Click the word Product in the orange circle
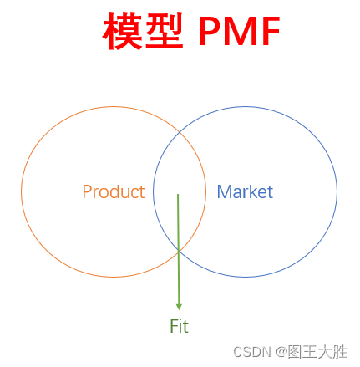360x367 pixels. (114, 192)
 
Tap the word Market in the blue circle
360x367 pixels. (245, 192)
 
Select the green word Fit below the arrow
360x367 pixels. (179, 327)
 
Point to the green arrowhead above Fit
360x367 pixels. (178, 307)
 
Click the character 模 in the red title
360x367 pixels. (123, 33)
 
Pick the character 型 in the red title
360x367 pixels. (164, 33)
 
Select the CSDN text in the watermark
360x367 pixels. (250, 352)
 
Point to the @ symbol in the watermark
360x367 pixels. (281, 352)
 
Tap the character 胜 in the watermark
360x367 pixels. (339, 352)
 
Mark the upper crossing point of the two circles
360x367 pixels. (180, 132)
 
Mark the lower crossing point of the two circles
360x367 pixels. (179, 250)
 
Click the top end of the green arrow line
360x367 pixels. (177, 195)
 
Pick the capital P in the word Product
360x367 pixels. (87, 192)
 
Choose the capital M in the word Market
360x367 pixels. (224, 192)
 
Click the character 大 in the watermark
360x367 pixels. (324, 352)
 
